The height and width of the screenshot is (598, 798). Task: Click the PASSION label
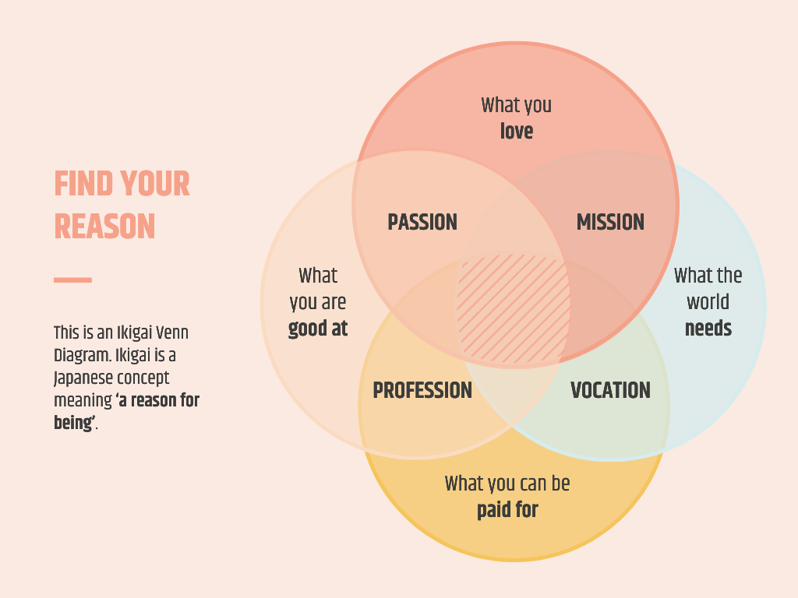pos(422,222)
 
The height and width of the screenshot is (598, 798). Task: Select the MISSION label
pos(610,222)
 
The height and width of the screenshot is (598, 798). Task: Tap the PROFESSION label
pos(422,390)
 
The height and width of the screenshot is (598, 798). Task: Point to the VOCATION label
pos(610,390)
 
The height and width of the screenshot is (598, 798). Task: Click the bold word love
pos(517,131)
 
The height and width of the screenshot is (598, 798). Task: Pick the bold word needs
pos(708,329)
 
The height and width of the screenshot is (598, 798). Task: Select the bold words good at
pos(318,329)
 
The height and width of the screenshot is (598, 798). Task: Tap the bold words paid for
pos(507,510)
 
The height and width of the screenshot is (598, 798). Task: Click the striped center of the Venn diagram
pos(513,308)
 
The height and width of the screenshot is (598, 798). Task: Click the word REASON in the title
pos(104,227)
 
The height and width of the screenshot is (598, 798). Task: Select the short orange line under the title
pos(72,280)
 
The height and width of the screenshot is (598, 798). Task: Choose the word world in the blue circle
pos(708,302)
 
